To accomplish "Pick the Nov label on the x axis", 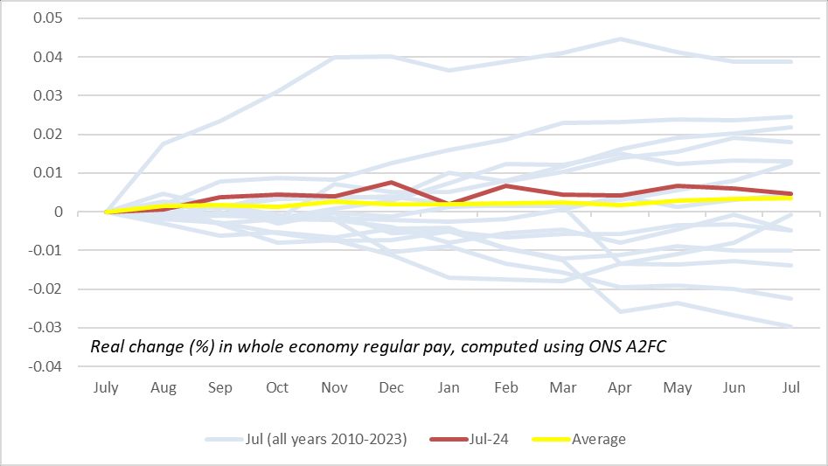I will (335, 387).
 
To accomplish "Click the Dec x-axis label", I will (392, 387).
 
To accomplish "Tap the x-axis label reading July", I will (107, 387).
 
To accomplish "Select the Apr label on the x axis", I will (620, 387).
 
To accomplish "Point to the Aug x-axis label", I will (164, 387).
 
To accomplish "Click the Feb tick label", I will (505, 387).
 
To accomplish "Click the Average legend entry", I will (599, 439).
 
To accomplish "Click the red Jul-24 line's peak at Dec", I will (392, 183).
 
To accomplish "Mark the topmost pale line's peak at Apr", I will (620, 38).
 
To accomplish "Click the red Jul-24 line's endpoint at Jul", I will (791, 193).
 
